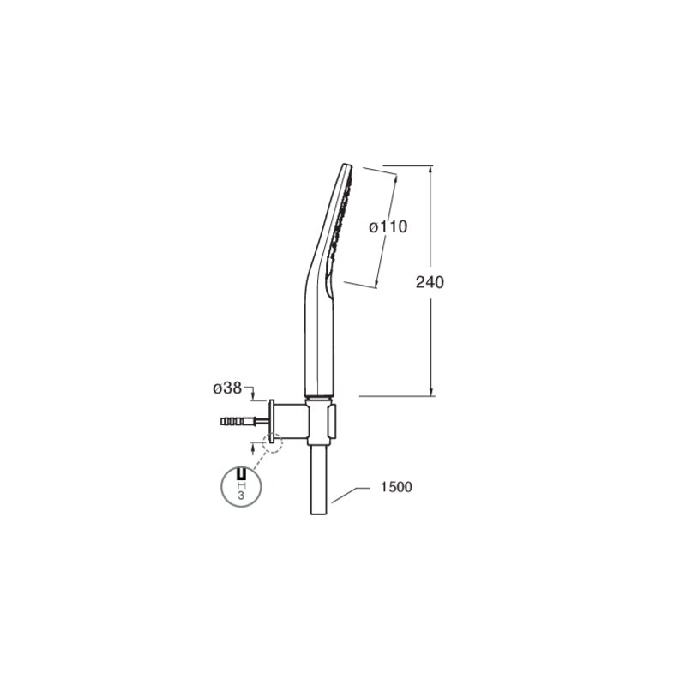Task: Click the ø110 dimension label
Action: click(388, 226)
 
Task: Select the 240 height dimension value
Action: click(430, 282)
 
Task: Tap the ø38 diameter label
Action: click(227, 388)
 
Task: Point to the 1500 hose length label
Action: click(396, 487)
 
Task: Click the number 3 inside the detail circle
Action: click(241, 496)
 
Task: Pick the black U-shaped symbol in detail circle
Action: click(242, 474)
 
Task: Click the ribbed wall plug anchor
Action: click(238, 422)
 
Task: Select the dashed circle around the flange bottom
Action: click(273, 442)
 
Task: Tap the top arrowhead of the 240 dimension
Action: click(431, 171)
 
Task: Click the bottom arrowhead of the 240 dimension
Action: click(431, 391)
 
